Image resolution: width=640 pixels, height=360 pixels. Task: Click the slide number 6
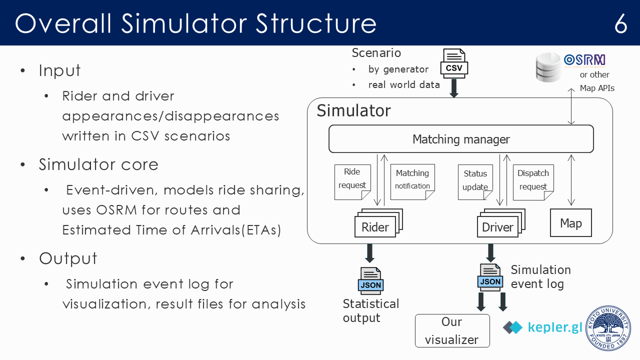[620, 23]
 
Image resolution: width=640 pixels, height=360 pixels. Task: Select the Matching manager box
[460, 139]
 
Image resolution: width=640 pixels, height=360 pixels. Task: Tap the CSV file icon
[454, 63]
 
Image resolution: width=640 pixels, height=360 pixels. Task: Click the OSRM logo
[584, 60]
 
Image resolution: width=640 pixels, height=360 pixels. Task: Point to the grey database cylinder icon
[548, 67]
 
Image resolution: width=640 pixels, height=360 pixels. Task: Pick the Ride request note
[352, 181]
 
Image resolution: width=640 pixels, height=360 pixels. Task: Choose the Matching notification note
[412, 181]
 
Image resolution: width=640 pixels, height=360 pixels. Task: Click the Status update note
[475, 181]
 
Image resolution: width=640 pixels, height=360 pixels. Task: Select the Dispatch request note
[533, 181]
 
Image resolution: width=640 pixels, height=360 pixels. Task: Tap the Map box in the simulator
[570, 223]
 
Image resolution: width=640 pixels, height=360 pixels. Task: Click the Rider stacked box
[376, 226]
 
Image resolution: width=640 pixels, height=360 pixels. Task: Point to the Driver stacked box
[498, 226]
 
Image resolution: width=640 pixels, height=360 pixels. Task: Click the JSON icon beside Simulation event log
[490, 277]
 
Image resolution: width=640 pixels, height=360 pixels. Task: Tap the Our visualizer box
[452, 330]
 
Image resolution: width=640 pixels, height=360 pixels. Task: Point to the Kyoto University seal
[608, 327]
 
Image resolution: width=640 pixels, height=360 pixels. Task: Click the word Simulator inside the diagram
[353, 110]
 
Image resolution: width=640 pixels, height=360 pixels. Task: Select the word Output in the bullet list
[68, 258]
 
